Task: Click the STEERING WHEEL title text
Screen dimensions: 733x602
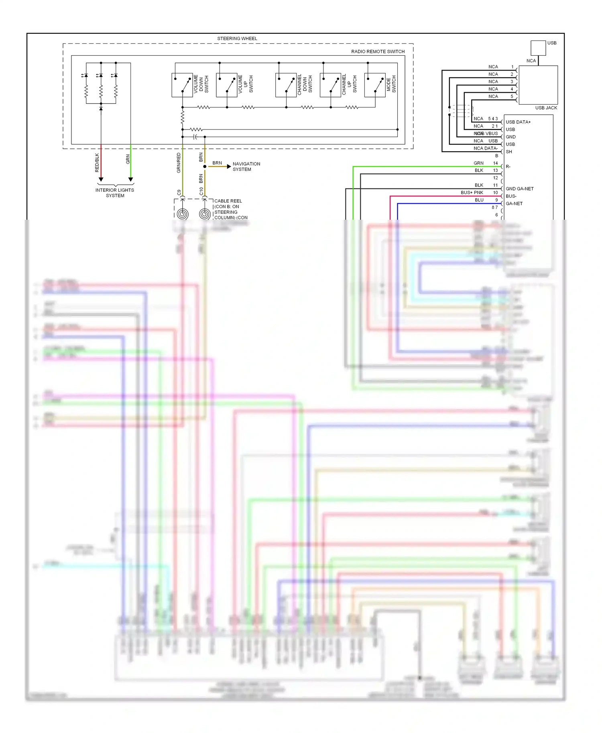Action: click(x=237, y=38)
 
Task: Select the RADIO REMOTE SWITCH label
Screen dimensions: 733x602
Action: click(x=377, y=51)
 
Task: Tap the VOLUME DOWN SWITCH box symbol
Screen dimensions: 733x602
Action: click(x=182, y=85)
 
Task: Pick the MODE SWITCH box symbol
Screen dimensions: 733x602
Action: click(x=374, y=85)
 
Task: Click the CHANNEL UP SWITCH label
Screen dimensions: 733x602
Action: click(x=349, y=84)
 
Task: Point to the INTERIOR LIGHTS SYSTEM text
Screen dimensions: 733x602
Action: click(x=115, y=193)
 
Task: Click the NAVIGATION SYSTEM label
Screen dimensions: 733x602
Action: click(x=246, y=166)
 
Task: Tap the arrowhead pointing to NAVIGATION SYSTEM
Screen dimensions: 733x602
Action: click(x=229, y=166)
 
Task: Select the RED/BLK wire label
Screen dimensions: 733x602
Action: click(x=97, y=163)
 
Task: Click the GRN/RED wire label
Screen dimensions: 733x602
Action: click(x=179, y=163)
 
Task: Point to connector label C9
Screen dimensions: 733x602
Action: click(x=179, y=192)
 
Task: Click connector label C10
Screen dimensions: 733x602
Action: click(x=201, y=192)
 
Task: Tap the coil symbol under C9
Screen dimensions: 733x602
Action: click(x=183, y=214)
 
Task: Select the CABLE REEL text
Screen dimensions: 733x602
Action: click(x=228, y=201)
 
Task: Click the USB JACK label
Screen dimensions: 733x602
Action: click(x=546, y=108)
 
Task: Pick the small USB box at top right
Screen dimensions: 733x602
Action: click(x=538, y=48)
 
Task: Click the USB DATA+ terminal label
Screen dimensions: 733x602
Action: click(x=518, y=122)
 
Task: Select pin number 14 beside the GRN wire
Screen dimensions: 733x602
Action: click(x=495, y=163)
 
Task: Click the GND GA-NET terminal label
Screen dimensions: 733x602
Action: click(x=519, y=189)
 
